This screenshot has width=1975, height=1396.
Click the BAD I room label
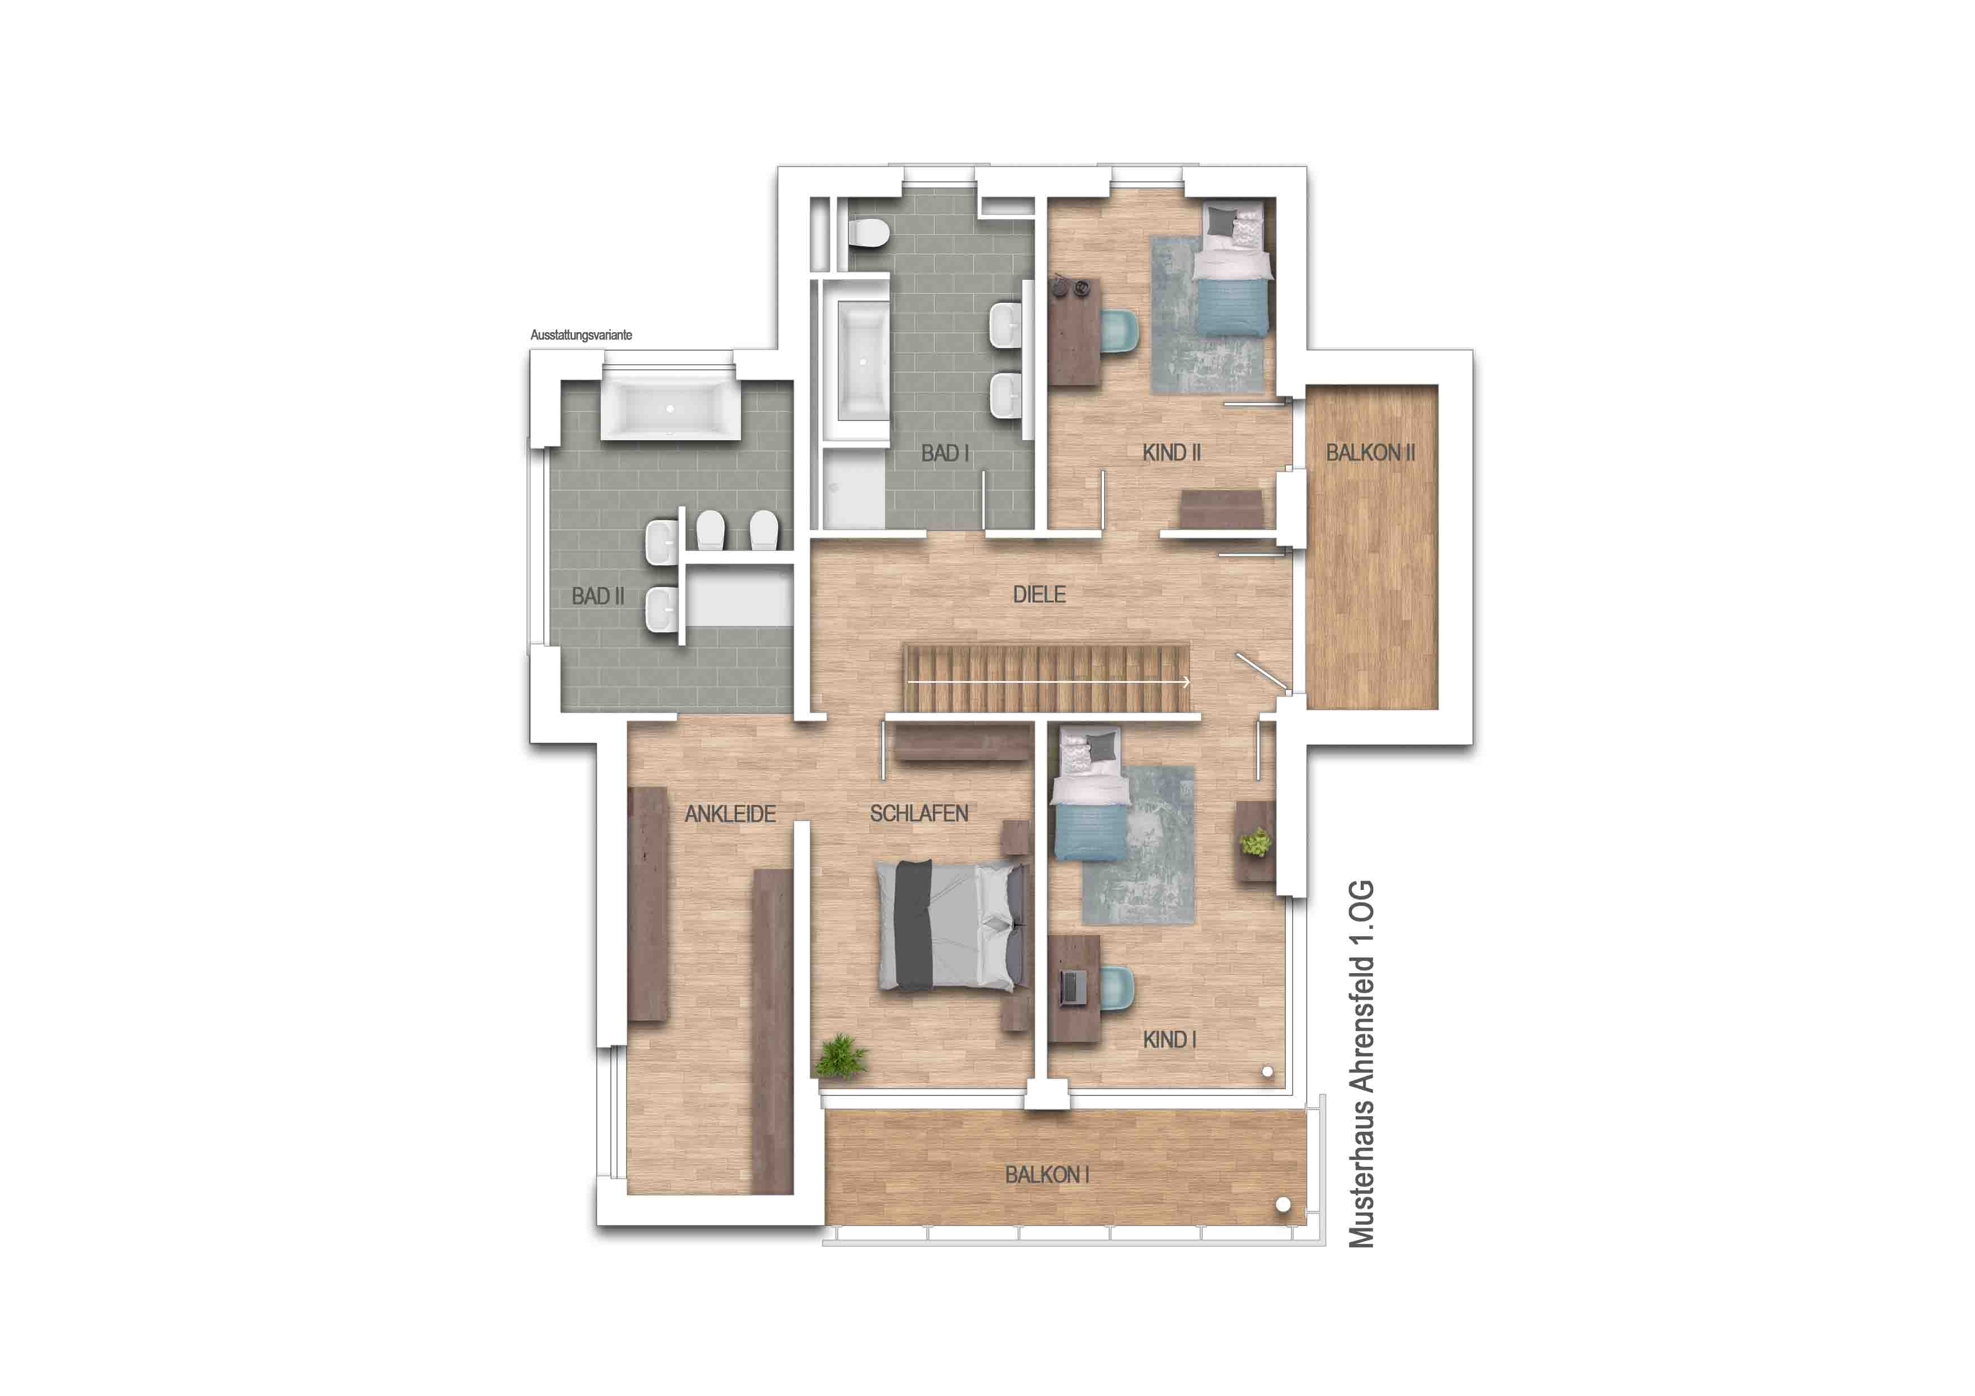(945, 453)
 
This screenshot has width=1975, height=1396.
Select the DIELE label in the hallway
(1039, 594)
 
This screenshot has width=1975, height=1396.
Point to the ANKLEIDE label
(730, 814)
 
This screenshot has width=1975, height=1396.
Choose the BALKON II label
(1370, 453)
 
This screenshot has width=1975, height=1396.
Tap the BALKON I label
(1047, 1175)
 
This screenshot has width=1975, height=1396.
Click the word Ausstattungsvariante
(582, 335)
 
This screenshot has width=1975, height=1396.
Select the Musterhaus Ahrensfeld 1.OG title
(1362, 1063)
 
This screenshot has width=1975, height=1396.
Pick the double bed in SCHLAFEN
(952, 925)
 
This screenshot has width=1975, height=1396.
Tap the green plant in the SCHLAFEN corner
(841, 1057)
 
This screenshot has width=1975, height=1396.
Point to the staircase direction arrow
(1048, 682)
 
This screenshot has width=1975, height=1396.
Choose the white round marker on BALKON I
(1283, 1205)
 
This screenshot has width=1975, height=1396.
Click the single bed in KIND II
(1231, 270)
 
